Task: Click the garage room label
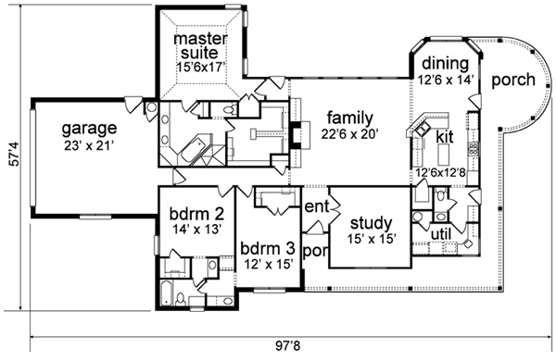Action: (89, 129)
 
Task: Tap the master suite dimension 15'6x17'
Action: (201, 67)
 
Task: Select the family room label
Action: (350, 118)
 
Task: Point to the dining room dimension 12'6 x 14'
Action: (446, 80)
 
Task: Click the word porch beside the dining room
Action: (513, 80)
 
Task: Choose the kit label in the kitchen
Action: (445, 136)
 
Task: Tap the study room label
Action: (372, 224)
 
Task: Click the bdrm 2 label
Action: (196, 214)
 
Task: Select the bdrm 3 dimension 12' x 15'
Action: (268, 264)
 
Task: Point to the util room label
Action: (441, 234)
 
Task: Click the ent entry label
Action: (317, 206)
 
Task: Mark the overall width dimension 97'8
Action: (288, 345)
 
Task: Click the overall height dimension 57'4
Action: (15, 154)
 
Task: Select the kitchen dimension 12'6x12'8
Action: (440, 173)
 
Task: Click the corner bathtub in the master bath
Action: (192, 152)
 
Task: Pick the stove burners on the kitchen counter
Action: (474, 148)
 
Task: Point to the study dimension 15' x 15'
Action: (372, 239)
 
